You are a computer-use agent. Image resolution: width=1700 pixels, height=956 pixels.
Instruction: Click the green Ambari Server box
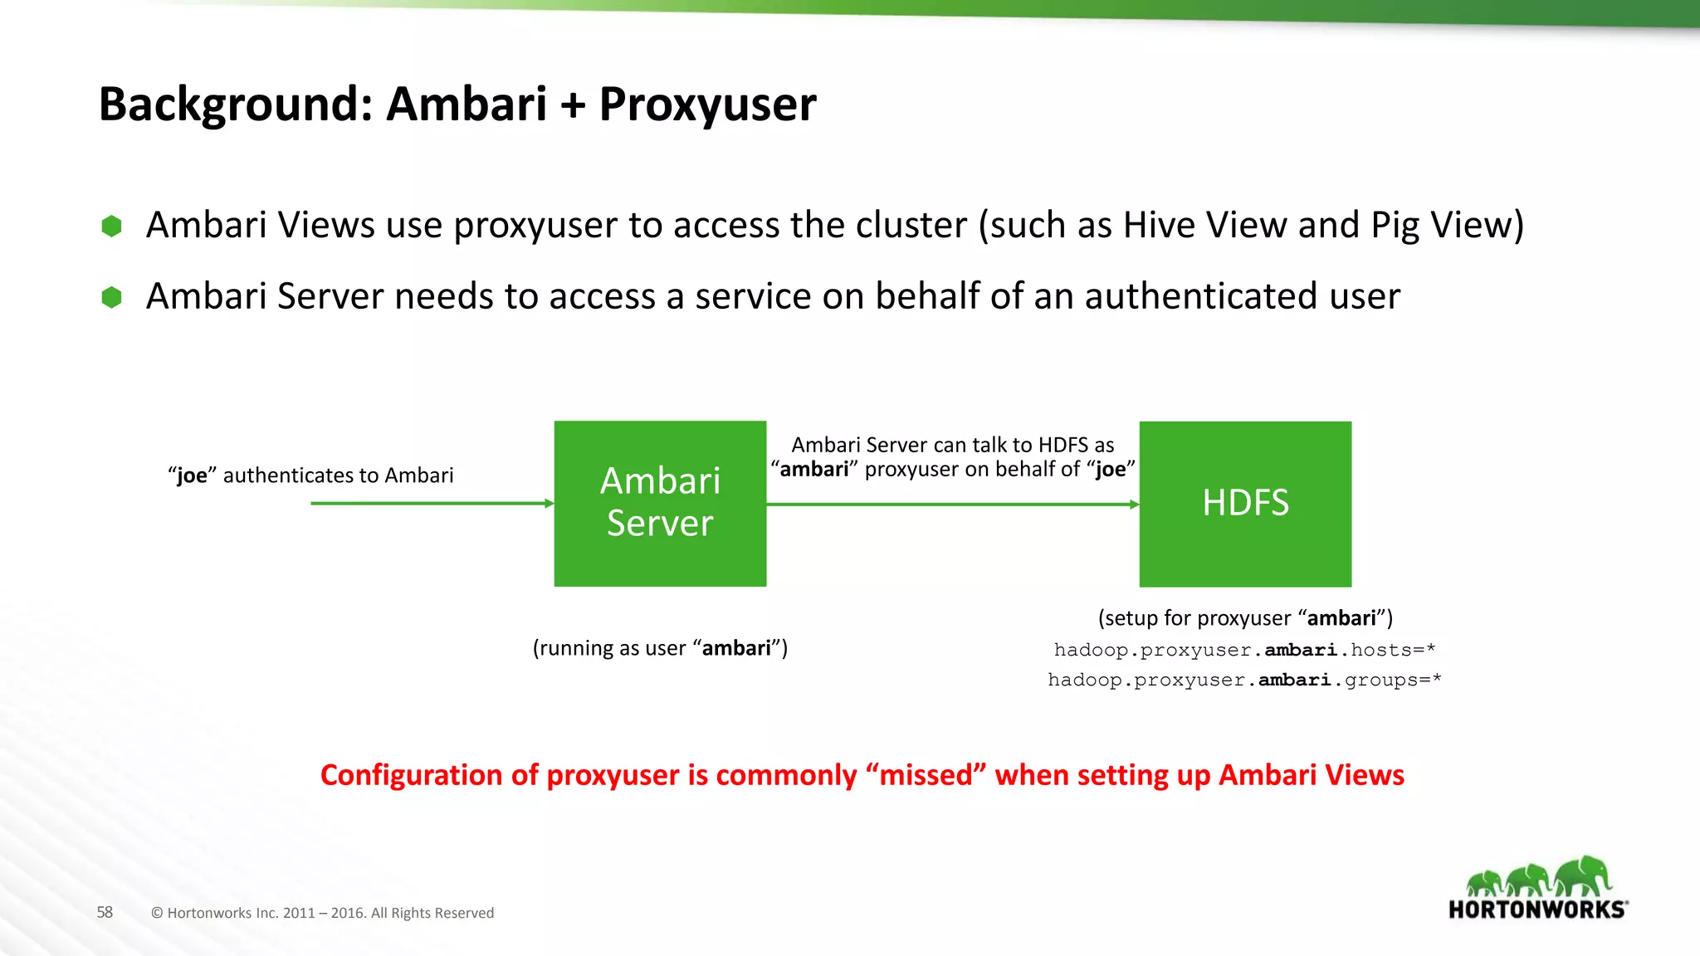pos(660,503)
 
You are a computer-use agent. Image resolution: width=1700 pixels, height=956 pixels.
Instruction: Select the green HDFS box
pos(1245,503)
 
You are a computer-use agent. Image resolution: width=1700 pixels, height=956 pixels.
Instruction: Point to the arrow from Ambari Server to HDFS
pos(951,504)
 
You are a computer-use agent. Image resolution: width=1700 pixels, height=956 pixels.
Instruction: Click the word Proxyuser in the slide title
pos(707,105)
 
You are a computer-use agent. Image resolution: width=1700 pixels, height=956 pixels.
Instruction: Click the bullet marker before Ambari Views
pos(111,226)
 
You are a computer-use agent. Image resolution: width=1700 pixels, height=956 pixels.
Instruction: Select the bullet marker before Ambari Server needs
pos(111,297)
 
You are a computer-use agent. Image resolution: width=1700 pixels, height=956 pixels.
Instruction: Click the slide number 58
pos(105,912)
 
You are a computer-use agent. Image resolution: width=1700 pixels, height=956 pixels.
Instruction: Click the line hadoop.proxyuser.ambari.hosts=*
pos(1244,650)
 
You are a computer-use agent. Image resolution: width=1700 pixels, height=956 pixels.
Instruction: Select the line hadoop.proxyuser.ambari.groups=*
pos(1244,680)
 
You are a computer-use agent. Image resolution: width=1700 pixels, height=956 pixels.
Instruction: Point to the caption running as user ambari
pos(660,648)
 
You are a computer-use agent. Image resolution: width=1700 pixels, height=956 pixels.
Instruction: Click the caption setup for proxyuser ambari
pos(1244,618)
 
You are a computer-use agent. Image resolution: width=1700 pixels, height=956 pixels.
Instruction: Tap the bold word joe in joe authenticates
pos(192,476)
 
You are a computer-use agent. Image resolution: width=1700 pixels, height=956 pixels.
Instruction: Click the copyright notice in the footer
pos(322,913)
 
